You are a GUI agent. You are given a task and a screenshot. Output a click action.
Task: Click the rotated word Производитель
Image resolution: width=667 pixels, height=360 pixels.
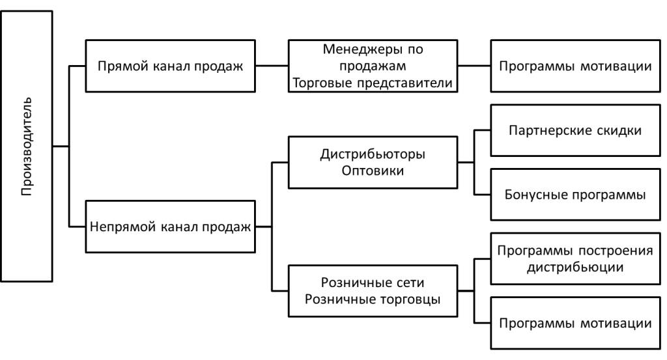[26, 147]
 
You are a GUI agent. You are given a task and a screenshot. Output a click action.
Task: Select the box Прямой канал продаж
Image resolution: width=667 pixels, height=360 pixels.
[171, 66]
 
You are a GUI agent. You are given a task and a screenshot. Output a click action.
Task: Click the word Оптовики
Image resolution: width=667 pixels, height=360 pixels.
[373, 171]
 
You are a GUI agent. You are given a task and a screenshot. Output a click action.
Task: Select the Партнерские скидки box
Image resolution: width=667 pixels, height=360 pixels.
[575, 130]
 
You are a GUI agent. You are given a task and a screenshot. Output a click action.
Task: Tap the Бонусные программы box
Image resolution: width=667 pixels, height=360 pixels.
[575, 195]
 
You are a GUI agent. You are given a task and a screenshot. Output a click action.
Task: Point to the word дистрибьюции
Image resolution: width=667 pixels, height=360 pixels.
[575, 267]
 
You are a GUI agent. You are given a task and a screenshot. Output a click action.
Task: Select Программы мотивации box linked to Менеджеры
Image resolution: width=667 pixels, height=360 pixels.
[575, 66]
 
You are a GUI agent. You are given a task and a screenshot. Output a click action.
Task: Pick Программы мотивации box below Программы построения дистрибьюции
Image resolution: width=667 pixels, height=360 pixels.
[575, 323]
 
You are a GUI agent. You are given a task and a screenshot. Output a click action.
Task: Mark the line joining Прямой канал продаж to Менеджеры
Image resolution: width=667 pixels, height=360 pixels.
[272, 66]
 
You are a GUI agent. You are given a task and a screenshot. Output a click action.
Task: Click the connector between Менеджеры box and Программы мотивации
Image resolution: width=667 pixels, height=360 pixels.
[474, 66]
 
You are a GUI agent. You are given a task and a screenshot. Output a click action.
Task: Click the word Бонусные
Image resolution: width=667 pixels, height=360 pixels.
[534, 195]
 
